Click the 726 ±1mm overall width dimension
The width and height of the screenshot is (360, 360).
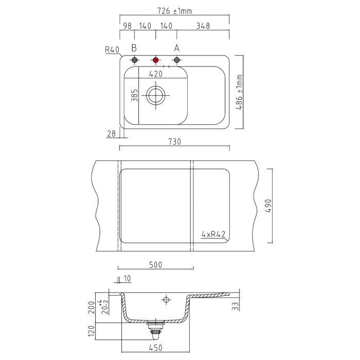pyautogui.click(x=174, y=11)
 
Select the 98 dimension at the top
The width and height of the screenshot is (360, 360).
pyautogui.click(x=127, y=26)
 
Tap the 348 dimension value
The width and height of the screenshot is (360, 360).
pyautogui.click(x=202, y=26)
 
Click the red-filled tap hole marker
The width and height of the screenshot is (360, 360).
pyautogui.click(x=156, y=60)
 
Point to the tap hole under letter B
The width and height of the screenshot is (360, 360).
pyautogui.click(x=134, y=60)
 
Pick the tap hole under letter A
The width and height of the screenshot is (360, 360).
pyautogui.click(x=177, y=60)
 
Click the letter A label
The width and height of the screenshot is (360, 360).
pyautogui.click(x=177, y=48)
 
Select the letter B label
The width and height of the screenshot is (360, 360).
pyautogui.click(x=134, y=48)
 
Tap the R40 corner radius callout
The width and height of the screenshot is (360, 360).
pyautogui.click(x=112, y=50)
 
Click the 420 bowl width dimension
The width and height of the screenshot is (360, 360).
pyautogui.click(x=156, y=74)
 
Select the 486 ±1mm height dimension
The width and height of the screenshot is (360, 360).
pyautogui.click(x=240, y=92)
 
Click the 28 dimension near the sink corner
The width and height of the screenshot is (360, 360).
pyautogui.click(x=112, y=134)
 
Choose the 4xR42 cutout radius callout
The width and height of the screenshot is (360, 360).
pyautogui.click(x=213, y=234)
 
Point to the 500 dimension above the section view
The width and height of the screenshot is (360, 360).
pyautogui.click(x=156, y=265)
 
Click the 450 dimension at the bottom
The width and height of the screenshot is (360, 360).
pyautogui.click(x=155, y=348)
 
